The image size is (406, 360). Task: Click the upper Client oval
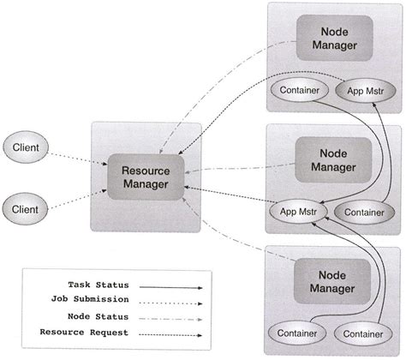[x=30, y=147]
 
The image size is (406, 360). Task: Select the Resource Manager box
[x=146, y=178]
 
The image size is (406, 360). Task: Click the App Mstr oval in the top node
[x=364, y=89]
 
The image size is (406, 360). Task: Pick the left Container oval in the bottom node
[x=297, y=332]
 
